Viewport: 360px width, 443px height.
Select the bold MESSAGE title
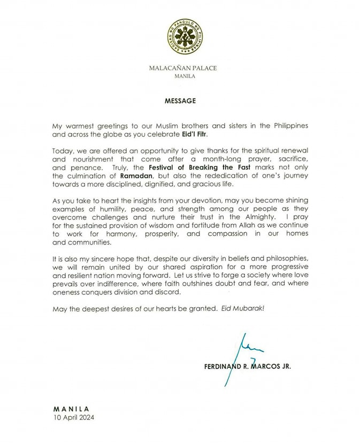pyautogui.click(x=180, y=100)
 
